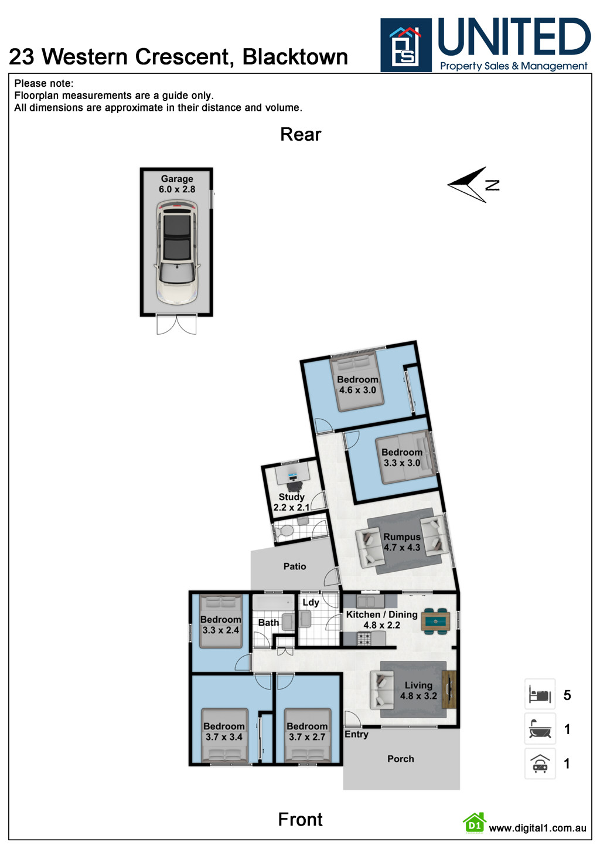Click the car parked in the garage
click(x=176, y=252)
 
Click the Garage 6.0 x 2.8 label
click(x=177, y=184)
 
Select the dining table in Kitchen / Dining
click(x=435, y=622)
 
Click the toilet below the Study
click(x=286, y=531)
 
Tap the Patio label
click(x=294, y=566)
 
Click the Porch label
click(x=400, y=759)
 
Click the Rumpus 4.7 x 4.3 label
click(x=402, y=542)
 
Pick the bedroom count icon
click(x=540, y=695)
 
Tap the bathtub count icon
click(x=540, y=729)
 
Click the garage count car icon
click(x=540, y=763)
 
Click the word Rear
click(x=301, y=134)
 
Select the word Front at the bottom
click(x=300, y=819)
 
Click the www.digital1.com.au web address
click(x=537, y=828)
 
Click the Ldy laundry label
click(x=311, y=602)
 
